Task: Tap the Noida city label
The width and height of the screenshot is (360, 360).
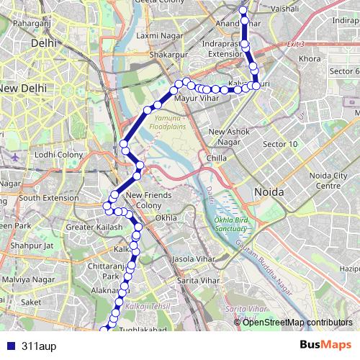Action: (269, 192)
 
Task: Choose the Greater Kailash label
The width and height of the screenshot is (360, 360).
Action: (89, 228)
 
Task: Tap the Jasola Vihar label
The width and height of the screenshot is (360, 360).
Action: (194, 258)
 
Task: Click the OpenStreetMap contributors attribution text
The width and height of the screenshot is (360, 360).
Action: (298, 322)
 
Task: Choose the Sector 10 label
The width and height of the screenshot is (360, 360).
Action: (280, 144)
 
